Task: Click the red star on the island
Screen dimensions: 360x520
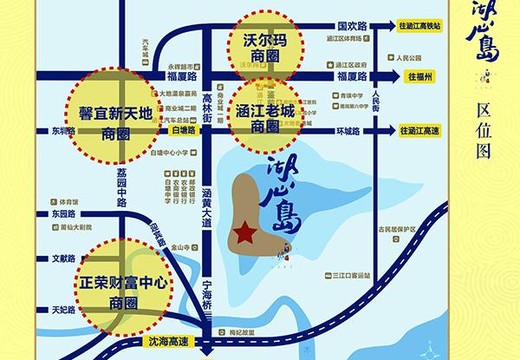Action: (x=243, y=232)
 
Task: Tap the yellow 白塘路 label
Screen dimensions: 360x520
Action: (x=183, y=130)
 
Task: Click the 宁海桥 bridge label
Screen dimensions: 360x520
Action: (x=207, y=290)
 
